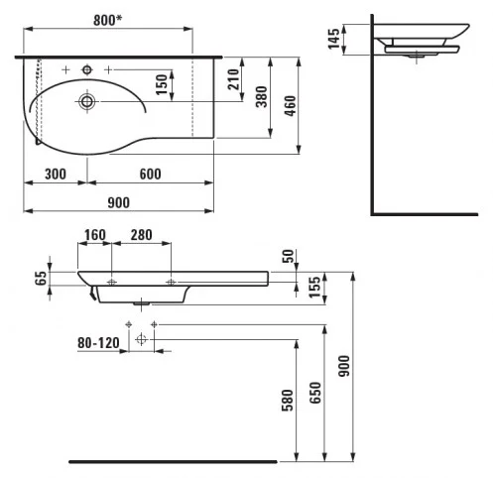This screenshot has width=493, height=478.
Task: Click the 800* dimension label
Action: [x=107, y=20]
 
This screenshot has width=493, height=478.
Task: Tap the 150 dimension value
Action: [x=162, y=84]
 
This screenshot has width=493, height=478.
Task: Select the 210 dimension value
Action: [x=234, y=79]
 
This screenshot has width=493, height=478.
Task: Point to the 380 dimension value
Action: [x=262, y=96]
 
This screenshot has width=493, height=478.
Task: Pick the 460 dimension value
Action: [x=290, y=106]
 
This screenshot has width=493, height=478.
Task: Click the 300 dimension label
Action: [x=56, y=174]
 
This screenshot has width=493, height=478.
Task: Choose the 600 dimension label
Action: [x=151, y=174]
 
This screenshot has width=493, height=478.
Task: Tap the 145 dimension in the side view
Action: [x=333, y=39]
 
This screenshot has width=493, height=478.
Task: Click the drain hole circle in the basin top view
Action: [x=87, y=101]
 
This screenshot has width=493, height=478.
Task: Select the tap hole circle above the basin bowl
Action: [x=87, y=69]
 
